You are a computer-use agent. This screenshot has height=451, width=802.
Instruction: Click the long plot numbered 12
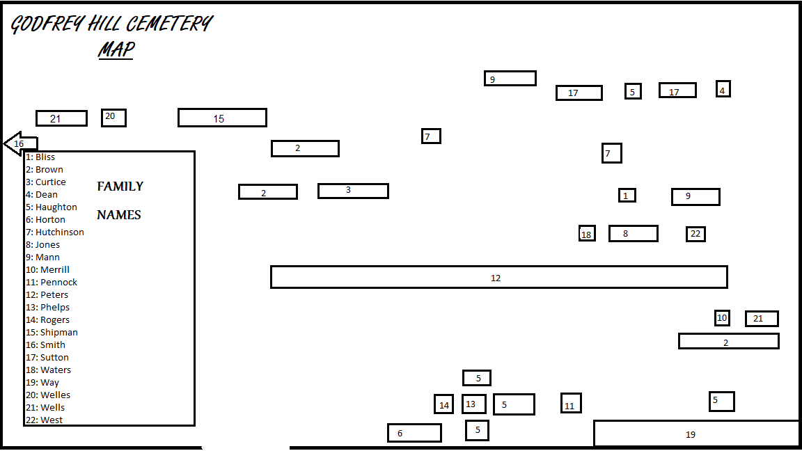498,277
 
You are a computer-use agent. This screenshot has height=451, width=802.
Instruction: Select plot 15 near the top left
222,118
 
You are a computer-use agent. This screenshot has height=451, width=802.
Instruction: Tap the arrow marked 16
20,143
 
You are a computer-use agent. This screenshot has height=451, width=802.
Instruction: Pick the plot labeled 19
695,434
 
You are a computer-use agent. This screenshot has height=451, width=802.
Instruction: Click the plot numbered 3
353,191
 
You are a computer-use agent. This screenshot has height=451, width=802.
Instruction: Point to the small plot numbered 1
627,196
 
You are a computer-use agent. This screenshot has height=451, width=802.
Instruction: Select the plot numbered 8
633,233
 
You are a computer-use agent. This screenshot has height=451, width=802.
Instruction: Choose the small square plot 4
723,89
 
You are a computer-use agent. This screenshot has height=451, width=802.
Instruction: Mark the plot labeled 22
695,234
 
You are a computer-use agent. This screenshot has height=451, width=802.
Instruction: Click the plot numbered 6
414,433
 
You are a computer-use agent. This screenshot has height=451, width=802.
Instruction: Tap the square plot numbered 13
473,404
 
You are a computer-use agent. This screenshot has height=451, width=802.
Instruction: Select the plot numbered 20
113,118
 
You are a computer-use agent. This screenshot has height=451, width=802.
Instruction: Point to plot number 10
722,318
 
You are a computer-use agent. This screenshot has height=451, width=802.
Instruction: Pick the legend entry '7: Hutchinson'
55,232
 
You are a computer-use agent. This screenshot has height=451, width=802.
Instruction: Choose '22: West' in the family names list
45,420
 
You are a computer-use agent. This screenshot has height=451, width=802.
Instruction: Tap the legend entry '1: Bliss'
40,157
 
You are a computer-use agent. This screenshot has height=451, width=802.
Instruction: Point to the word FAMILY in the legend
120,186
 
